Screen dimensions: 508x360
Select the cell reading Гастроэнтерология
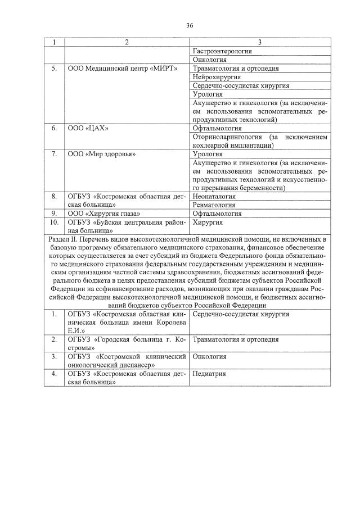coord(222,51)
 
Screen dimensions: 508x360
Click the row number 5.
coord(55,68)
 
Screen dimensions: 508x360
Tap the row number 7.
coord(55,154)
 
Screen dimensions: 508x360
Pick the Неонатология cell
coord(214,197)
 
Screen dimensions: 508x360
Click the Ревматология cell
coord(214,205)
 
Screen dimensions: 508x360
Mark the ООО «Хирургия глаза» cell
coord(104,214)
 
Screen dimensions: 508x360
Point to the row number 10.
coord(55,223)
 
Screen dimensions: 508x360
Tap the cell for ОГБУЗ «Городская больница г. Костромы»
coord(127,343)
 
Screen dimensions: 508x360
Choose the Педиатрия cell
coord(209,374)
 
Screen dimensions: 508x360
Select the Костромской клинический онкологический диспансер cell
coord(127,361)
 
